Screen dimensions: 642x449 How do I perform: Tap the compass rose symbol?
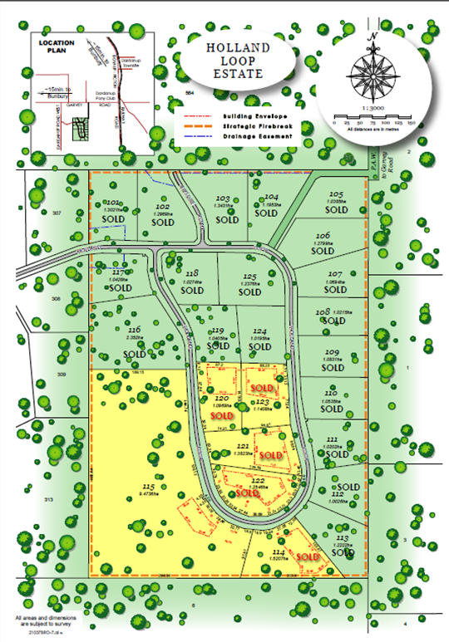point(373,75)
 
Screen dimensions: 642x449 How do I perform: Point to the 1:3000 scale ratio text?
point(373,109)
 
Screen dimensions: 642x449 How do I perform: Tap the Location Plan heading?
point(56,47)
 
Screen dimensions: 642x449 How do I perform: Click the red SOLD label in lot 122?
point(248,492)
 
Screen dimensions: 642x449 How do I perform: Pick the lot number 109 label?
point(332,353)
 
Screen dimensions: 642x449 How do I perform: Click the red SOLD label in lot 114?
point(308,556)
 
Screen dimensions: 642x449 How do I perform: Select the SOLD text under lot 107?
point(333,292)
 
